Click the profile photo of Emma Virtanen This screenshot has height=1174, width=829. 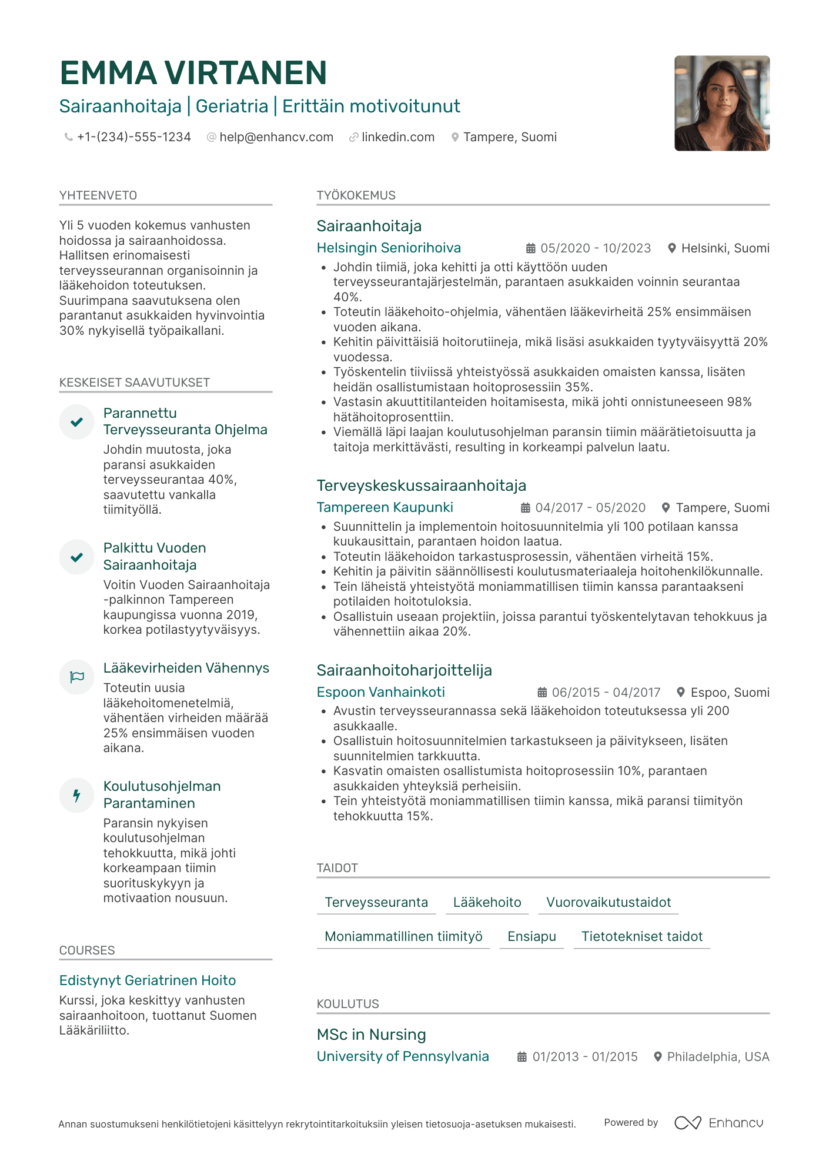[721, 104]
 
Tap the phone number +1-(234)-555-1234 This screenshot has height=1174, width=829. [133, 137]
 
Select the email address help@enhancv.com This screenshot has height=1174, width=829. [276, 137]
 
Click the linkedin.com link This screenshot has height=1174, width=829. [397, 137]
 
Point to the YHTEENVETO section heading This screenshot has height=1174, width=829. [98, 195]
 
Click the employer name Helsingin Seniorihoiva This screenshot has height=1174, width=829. [389, 248]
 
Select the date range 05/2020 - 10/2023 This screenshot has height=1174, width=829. [595, 248]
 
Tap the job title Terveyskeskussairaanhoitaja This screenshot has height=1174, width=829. [421, 485]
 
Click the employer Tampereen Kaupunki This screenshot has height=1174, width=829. [385, 507]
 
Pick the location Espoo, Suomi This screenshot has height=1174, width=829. [729, 693]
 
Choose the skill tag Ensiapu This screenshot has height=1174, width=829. [532, 936]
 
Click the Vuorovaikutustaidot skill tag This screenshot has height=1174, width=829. [608, 902]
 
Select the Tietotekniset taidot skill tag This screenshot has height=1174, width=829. [641, 936]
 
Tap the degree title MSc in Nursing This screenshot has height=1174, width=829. [371, 1035]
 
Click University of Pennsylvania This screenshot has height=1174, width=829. [403, 1056]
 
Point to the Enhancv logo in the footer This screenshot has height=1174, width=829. [718, 1123]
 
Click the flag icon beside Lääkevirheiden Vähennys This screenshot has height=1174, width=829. [77, 677]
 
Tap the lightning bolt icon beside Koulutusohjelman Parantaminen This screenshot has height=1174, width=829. [77, 796]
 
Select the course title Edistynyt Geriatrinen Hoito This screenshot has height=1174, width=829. [148, 980]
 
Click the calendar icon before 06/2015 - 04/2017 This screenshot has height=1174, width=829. [542, 693]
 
